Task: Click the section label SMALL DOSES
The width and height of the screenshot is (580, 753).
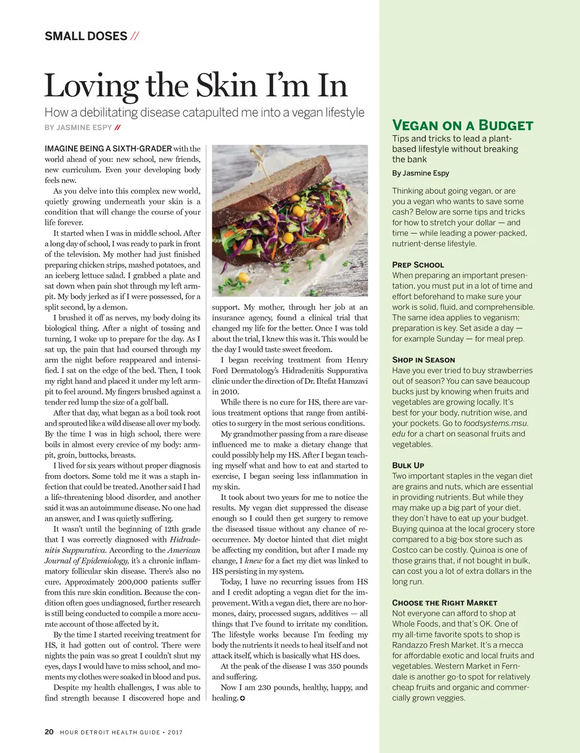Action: (86, 36)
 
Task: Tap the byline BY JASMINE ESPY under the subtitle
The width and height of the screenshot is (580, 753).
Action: (78, 128)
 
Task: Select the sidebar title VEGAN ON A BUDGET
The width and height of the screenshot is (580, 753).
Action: (462, 126)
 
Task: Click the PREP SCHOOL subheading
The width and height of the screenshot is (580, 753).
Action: (418, 265)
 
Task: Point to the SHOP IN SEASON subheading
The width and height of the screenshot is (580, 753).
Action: (423, 360)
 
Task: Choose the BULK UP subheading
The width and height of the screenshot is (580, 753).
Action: (408, 465)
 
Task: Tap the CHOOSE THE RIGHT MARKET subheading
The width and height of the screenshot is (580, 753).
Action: (445, 603)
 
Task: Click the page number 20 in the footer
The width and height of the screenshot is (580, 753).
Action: (49, 732)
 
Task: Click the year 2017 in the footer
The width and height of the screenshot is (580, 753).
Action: (175, 733)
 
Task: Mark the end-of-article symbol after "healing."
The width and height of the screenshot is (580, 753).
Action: (242, 699)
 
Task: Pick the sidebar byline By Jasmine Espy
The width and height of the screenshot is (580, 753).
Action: (420, 173)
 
